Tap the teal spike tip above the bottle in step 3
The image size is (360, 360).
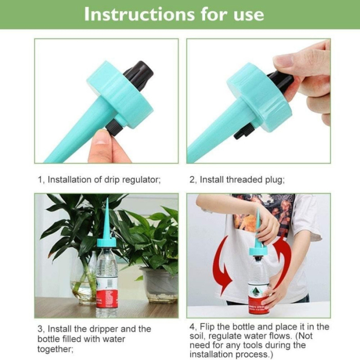tap(106, 216)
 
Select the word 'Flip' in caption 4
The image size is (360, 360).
tap(209, 327)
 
